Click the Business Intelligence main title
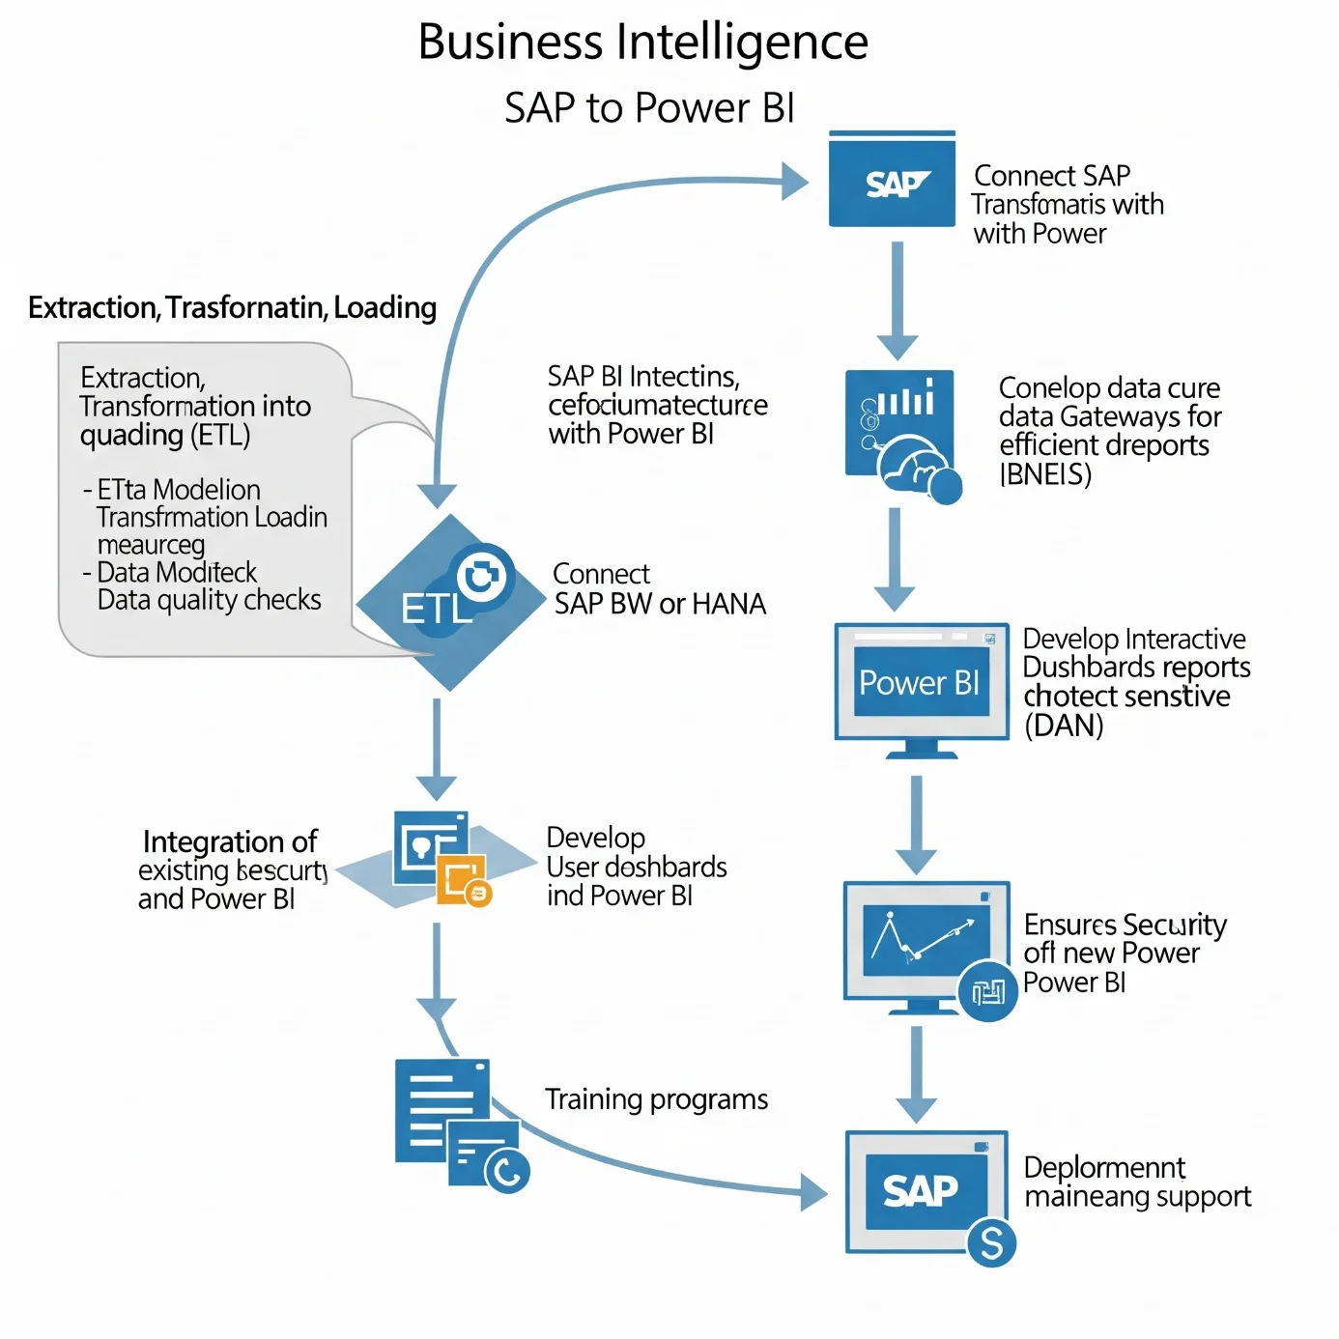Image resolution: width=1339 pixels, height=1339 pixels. coord(642,43)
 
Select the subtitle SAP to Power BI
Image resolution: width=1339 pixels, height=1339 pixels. coord(649,108)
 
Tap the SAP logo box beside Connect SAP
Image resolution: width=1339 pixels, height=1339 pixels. coord(892,181)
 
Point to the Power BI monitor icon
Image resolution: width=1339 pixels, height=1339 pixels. coord(921,684)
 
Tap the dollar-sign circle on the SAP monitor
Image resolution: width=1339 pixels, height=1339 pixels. coord(991,1242)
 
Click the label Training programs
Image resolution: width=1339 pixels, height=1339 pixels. coord(656,1099)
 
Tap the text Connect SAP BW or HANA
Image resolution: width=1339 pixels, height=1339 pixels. coord(659,589)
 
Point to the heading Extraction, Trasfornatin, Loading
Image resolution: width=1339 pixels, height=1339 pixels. coord(232,307)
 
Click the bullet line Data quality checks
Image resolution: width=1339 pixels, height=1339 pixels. coord(209,600)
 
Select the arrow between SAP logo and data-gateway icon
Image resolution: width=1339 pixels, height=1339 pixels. coord(897,299)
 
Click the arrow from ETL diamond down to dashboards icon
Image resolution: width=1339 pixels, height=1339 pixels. coord(437,748)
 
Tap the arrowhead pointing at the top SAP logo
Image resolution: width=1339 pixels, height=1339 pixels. coord(795,181)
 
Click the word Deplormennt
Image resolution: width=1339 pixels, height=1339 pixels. coord(1104,1168)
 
